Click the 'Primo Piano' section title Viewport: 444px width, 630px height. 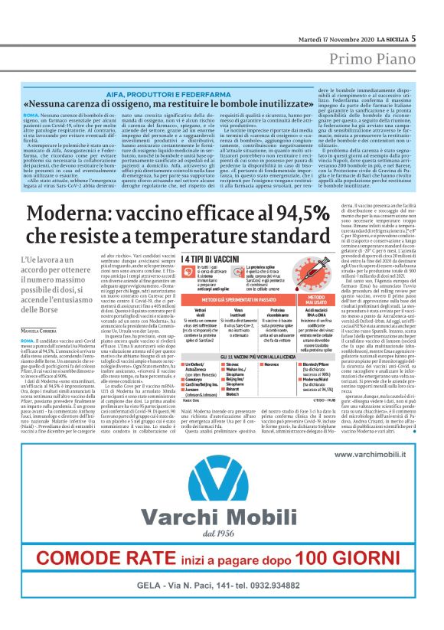(x=377, y=60)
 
